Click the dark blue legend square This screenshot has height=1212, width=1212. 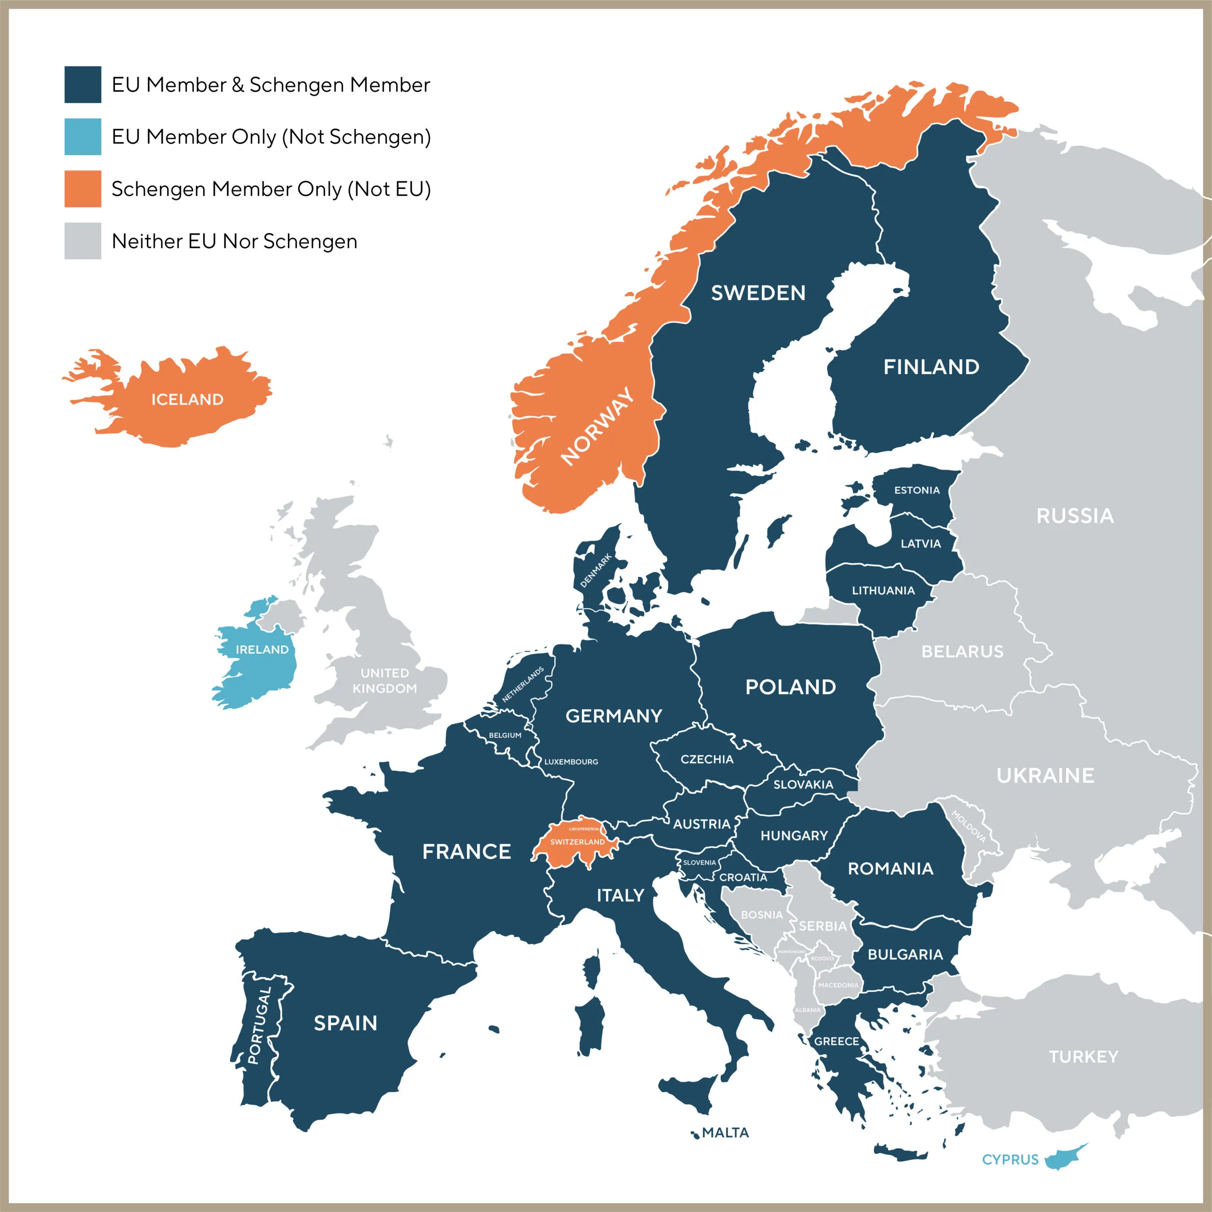coord(82,84)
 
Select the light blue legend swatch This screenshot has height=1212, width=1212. coord(82,136)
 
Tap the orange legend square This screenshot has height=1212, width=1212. coord(82,188)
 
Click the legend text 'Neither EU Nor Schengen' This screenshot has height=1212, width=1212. coord(234,241)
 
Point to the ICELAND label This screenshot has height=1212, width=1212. coord(187,400)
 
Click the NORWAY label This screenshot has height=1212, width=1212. coord(597,426)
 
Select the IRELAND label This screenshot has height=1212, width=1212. coord(262,649)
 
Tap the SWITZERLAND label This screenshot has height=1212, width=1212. coord(577,842)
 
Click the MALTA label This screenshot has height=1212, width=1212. coord(725,1132)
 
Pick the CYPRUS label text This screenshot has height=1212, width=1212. coord(1010,1159)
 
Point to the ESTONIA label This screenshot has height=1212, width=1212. coord(917,490)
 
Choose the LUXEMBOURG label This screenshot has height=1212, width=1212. coord(571,762)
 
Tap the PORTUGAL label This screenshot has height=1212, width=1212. coord(260,1025)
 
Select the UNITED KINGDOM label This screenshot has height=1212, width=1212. coord(384,681)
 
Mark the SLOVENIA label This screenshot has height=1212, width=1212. coord(699,863)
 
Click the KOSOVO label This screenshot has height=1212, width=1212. coord(822,959)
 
